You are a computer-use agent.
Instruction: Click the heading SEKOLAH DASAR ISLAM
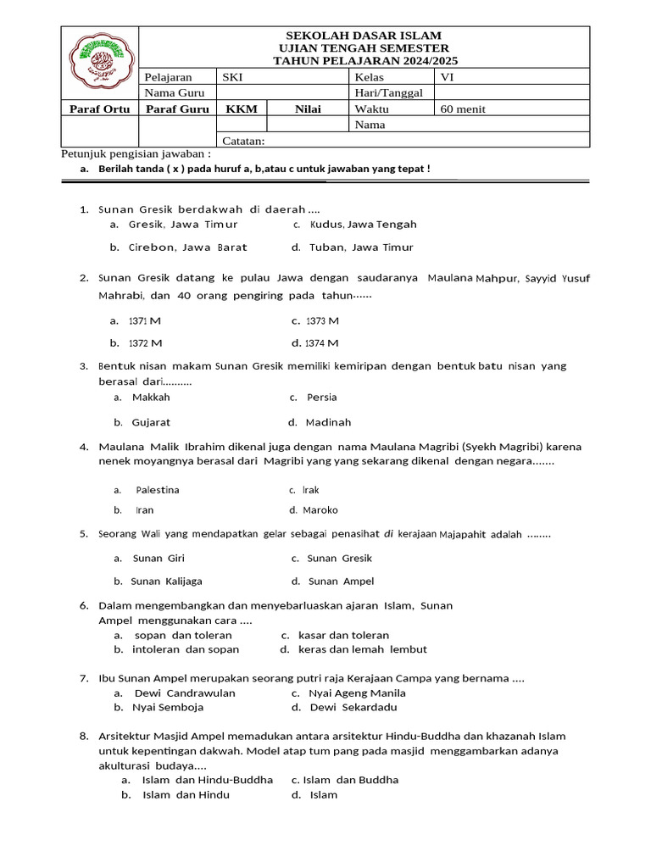[364, 36]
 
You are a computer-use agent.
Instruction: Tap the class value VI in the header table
[448, 76]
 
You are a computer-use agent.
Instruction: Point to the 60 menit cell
[463, 108]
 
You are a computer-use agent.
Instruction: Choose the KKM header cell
[242, 108]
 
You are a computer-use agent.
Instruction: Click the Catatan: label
[244, 141]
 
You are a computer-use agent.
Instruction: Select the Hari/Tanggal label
[388, 92]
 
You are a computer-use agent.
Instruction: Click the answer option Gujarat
[151, 422]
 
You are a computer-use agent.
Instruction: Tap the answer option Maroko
[320, 510]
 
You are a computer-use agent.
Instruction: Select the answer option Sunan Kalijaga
[166, 581]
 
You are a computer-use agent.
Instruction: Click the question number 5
[84, 534]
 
